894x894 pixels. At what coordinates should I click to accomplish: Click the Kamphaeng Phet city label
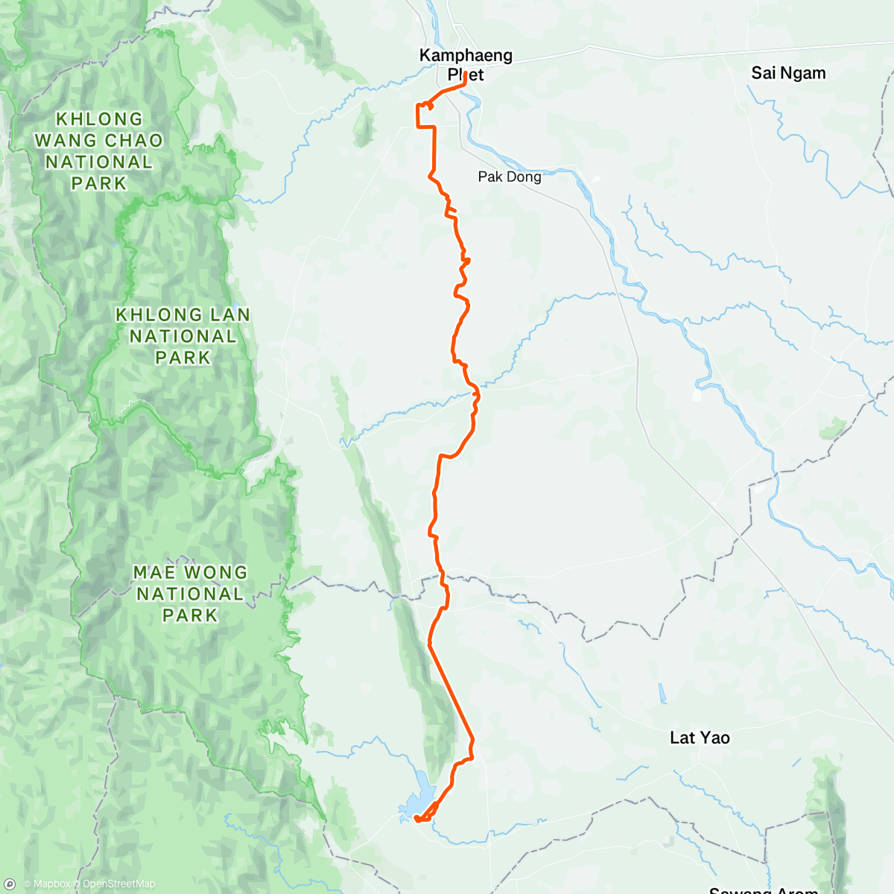(x=466, y=65)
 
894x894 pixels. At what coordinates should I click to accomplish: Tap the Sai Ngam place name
(x=788, y=73)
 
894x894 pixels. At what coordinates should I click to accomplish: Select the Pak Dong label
(x=510, y=177)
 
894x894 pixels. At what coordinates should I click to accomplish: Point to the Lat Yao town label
(x=700, y=738)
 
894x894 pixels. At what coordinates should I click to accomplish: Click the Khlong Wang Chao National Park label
(x=98, y=151)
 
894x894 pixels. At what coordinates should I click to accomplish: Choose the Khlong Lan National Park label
(x=183, y=336)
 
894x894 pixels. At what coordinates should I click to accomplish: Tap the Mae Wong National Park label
(x=190, y=594)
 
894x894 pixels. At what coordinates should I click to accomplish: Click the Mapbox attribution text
(x=50, y=884)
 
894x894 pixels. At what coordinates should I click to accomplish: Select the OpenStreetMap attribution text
(x=118, y=884)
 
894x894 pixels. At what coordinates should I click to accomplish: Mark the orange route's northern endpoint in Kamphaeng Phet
(x=465, y=74)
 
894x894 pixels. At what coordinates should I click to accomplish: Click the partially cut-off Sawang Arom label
(x=763, y=890)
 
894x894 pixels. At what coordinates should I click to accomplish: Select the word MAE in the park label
(x=153, y=573)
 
